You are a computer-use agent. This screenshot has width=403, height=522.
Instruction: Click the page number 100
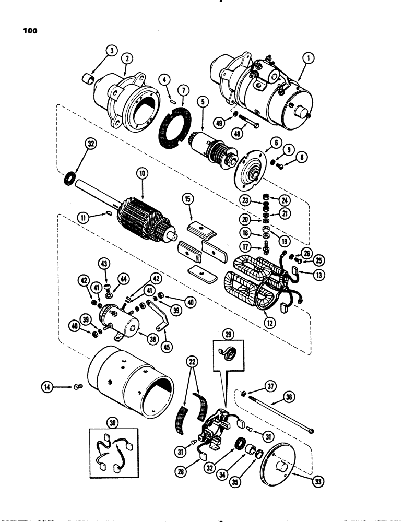(x=30, y=30)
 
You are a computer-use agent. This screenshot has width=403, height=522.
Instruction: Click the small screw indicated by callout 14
(x=79, y=387)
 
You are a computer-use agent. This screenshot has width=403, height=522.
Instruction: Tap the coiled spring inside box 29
(x=227, y=352)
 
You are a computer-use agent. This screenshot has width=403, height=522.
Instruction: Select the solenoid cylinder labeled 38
(x=124, y=319)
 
